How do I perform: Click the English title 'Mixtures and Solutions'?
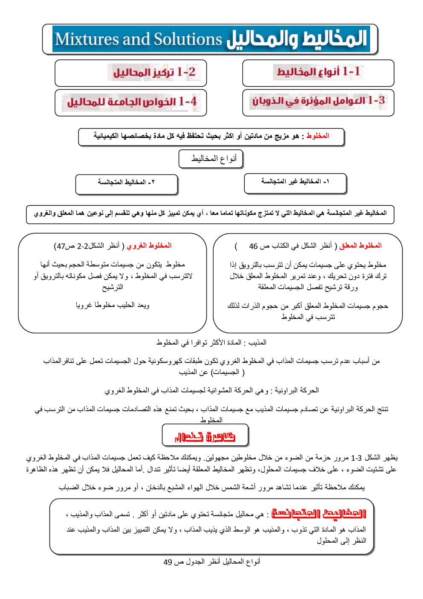139,39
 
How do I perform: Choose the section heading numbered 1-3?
318,101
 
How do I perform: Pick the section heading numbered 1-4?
132,102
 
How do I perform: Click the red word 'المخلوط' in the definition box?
318,136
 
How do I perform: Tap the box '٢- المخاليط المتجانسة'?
126,183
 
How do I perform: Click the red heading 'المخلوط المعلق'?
360,245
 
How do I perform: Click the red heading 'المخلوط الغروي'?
149,245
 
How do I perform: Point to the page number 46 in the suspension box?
253,246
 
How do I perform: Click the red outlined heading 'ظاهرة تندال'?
205,436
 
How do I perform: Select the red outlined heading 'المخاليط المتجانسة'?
319,514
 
